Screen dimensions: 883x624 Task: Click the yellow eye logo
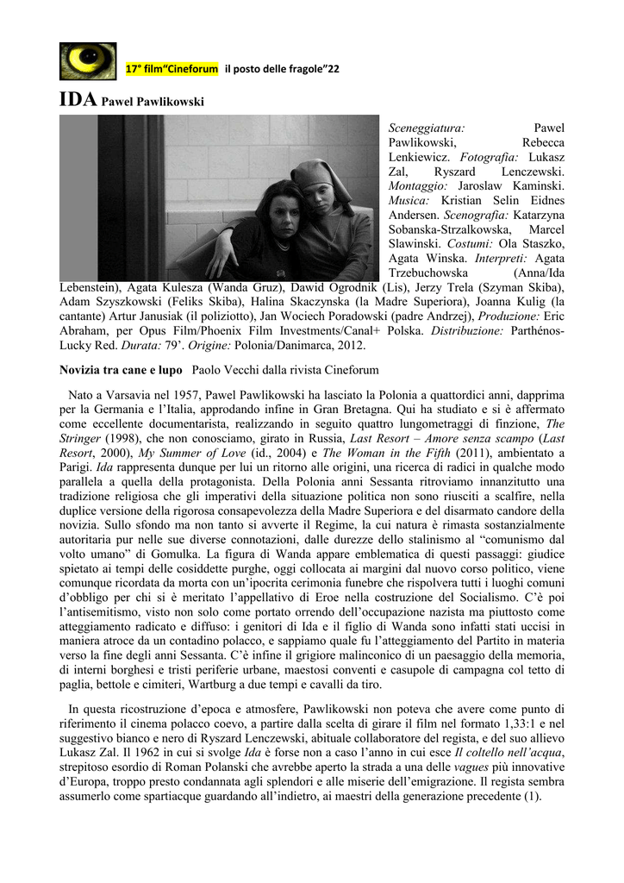[x=87, y=61]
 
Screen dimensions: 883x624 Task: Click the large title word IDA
[x=78, y=100]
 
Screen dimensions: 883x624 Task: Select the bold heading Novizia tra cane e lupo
[x=121, y=370]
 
